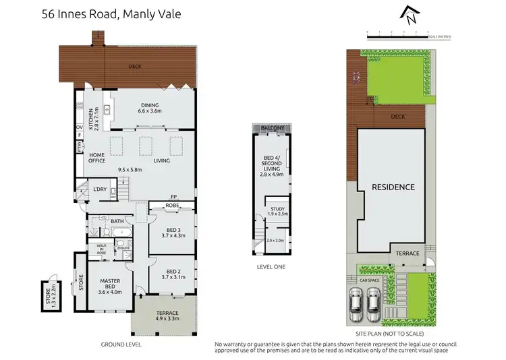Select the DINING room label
click(x=149, y=107)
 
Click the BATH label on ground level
click(x=117, y=221)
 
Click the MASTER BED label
click(x=110, y=286)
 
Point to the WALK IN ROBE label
click(x=103, y=248)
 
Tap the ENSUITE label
click(x=123, y=248)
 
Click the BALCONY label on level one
click(x=273, y=127)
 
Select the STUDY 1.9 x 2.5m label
click(x=276, y=210)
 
